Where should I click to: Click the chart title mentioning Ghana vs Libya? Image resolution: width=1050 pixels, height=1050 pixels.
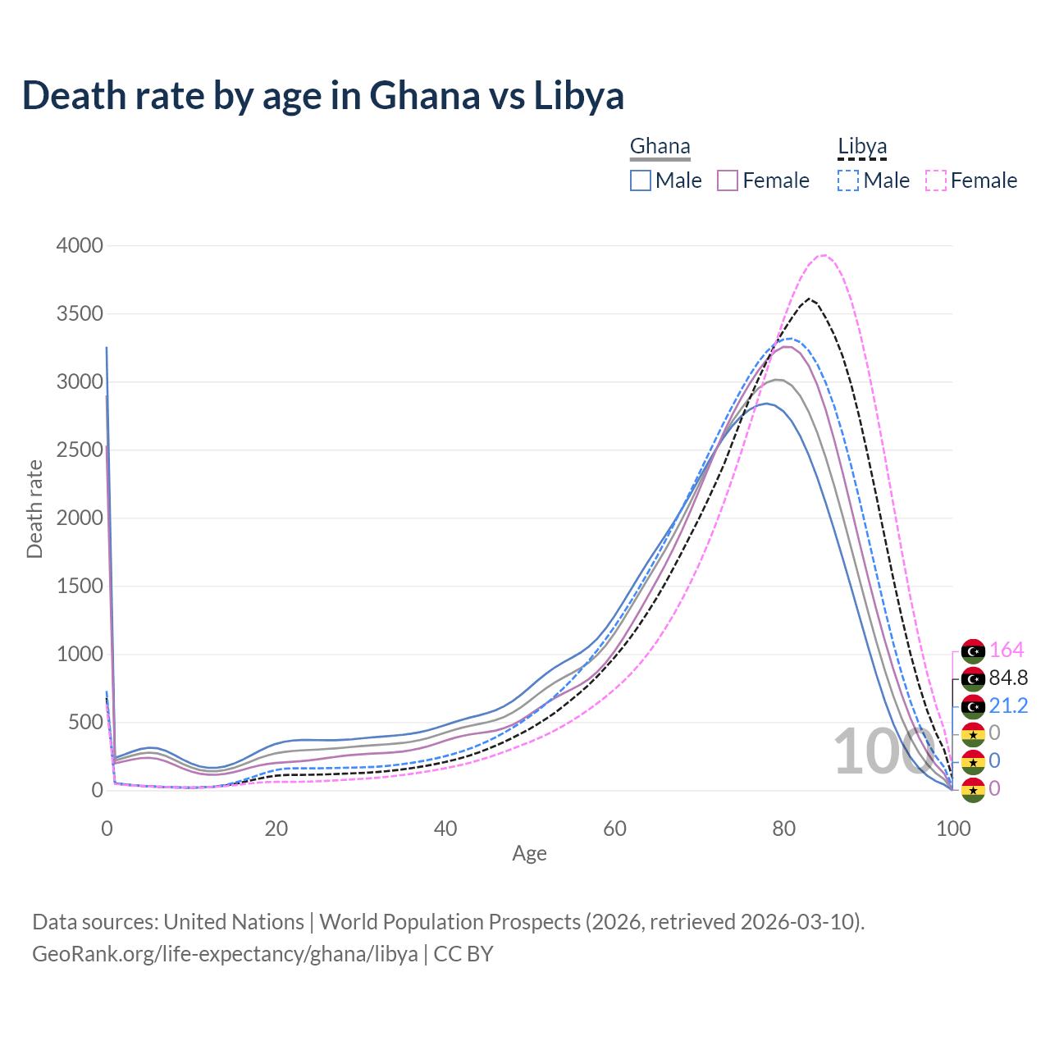coord(323,95)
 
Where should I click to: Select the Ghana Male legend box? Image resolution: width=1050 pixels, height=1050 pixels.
coord(641,180)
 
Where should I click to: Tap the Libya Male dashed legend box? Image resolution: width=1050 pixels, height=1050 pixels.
coord(848,180)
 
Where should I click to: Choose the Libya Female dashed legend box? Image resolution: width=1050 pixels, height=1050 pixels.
coord(936,180)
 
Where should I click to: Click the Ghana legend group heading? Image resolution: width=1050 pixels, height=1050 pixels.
coord(660,146)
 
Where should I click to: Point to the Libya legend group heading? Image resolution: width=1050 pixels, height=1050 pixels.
coord(862,146)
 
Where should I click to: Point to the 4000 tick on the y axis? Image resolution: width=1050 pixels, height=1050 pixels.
coord(80,245)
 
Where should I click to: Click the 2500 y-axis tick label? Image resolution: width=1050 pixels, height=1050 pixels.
coord(80,450)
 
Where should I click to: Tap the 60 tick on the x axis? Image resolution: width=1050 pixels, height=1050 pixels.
coord(614,829)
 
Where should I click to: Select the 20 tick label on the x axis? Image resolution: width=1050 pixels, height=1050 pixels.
coord(276,829)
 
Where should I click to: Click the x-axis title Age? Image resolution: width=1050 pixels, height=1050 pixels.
coord(529,853)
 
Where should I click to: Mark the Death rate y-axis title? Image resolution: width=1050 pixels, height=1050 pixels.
coord(34,509)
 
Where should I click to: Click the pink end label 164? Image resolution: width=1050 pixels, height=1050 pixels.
coord(1007,650)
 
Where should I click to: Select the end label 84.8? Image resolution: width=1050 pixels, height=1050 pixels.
coord(1008,678)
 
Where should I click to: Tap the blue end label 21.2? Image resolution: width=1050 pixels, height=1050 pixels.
coord(1008,705)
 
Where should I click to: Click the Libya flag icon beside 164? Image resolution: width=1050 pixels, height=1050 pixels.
coord(973,651)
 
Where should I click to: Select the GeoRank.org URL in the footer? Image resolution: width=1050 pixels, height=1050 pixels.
coord(225,954)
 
